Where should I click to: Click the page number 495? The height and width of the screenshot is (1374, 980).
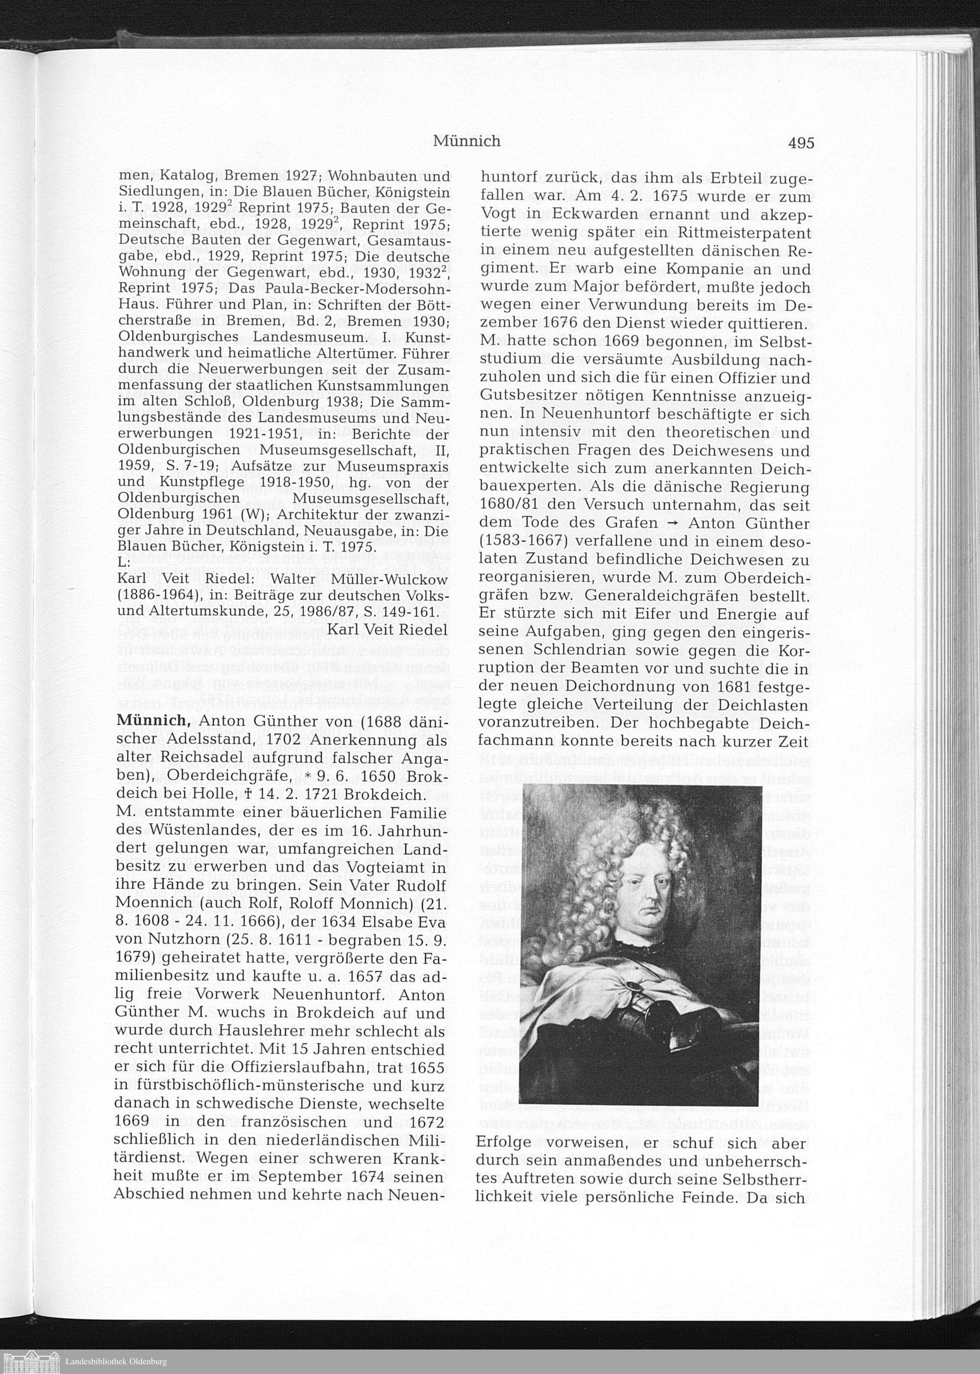pyautogui.click(x=801, y=143)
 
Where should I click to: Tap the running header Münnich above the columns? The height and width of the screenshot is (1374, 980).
pyautogui.click(x=466, y=141)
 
